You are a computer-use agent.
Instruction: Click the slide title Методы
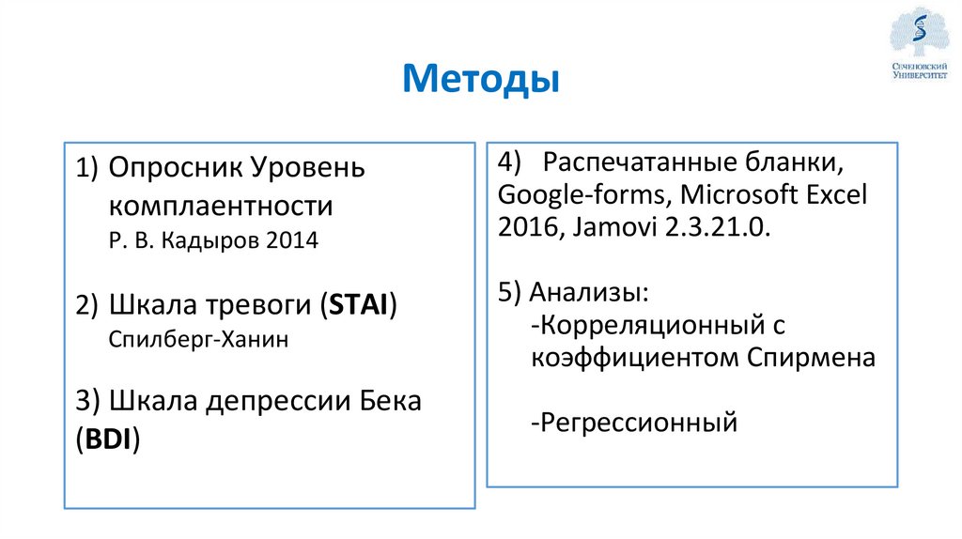click(x=480, y=79)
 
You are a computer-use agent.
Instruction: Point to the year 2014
click(x=292, y=240)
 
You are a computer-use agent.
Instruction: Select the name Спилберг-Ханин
click(x=197, y=339)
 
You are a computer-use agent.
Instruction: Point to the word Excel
click(x=833, y=195)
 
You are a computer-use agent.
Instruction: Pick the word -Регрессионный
click(x=634, y=423)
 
